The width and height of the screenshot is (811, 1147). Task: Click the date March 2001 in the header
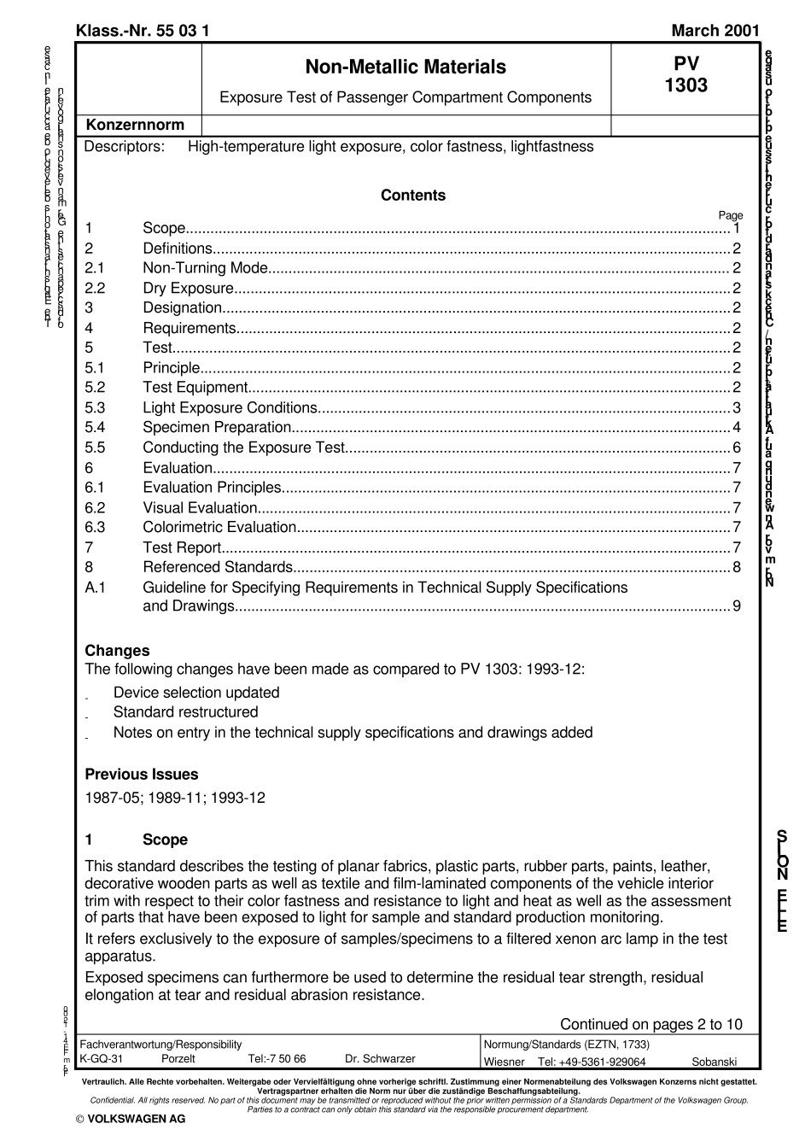click(715, 32)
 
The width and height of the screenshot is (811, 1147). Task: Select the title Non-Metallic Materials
click(405, 67)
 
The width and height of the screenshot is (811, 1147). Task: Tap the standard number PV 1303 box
click(686, 76)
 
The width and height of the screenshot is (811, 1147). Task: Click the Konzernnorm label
click(135, 125)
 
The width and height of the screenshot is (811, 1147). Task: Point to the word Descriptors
click(125, 147)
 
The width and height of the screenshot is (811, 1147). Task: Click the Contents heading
click(413, 196)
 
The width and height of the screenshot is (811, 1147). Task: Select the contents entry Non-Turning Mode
click(206, 268)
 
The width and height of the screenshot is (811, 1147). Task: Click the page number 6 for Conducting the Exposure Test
click(737, 448)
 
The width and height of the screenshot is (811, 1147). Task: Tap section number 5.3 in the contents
click(95, 407)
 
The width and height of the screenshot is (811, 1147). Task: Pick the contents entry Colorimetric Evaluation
click(219, 527)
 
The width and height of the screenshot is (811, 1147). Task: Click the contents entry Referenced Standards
click(218, 567)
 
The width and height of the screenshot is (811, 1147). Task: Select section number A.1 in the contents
click(95, 588)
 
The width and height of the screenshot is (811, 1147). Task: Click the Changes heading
click(117, 651)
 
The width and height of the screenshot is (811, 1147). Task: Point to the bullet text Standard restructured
click(185, 712)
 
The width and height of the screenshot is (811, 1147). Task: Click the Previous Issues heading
click(142, 775)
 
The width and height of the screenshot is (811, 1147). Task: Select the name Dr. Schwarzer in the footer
click(380, 1059)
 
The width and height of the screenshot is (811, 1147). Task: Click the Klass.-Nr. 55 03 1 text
click(143, 32)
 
